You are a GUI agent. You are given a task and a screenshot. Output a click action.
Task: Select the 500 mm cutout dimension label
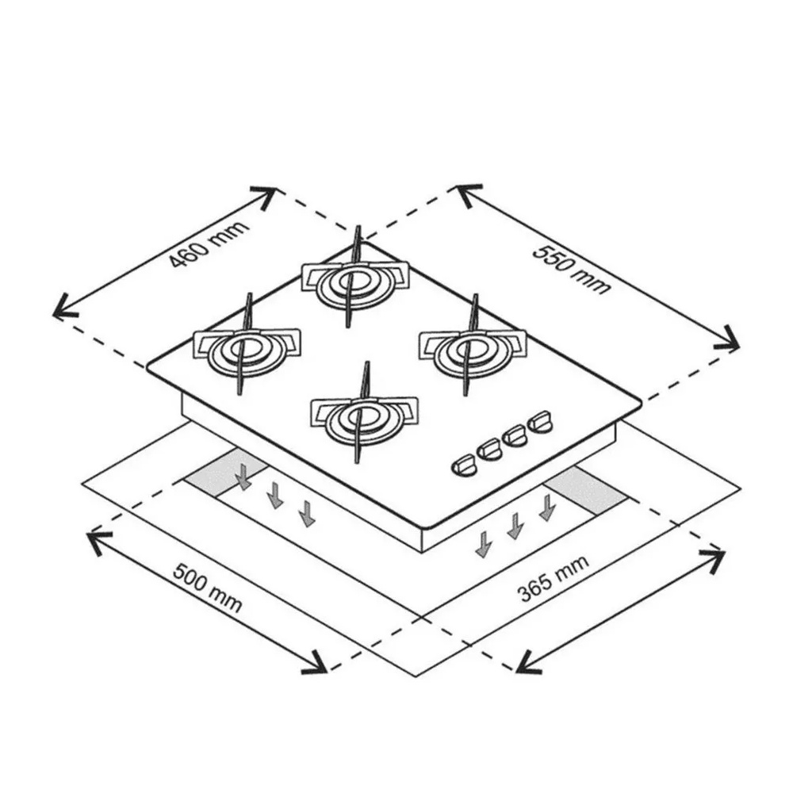pyautogui.click(x=207, y=587)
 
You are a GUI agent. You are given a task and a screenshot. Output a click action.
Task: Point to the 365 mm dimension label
pyautogui.click(x=554, y=579)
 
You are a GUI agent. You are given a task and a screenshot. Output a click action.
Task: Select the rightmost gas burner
pyautogui.click(x=473, y=348)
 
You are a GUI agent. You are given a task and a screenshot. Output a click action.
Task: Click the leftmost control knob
pyautogui.click(x=464, y=465)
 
